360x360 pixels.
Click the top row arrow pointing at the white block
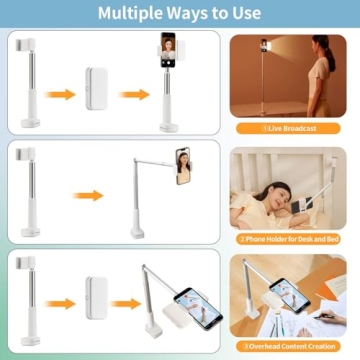[63, 94]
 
